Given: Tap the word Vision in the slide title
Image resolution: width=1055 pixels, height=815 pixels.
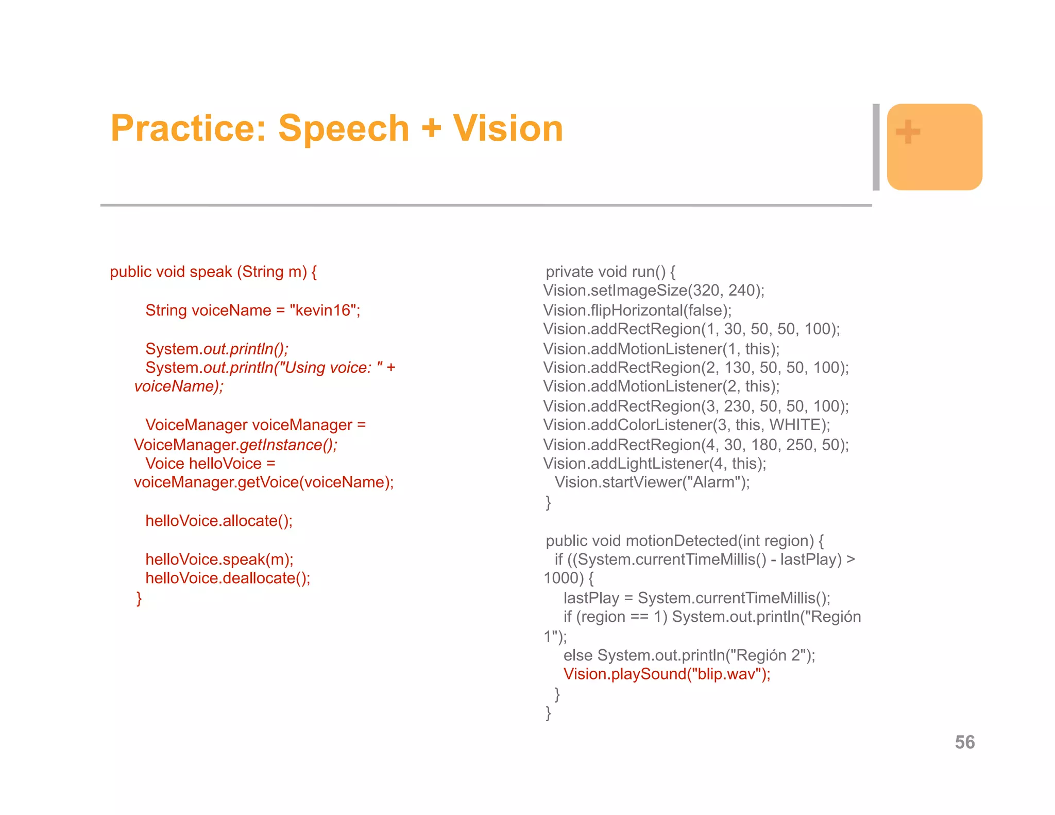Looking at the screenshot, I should (508, 129).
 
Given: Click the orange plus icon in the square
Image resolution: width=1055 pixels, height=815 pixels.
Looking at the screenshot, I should (908, 132).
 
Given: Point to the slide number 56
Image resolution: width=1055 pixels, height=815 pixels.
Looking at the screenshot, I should (964, 742).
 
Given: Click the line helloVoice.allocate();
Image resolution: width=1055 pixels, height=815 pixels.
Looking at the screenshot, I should (219, 521).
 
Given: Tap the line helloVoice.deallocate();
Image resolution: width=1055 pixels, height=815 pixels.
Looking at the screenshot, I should (228, 578).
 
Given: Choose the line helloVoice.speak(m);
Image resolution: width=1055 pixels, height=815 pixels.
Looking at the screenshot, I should (219, 559).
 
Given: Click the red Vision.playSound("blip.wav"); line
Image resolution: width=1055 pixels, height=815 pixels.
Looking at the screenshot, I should (667, 674).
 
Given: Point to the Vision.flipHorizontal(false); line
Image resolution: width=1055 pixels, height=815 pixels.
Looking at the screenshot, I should (637, 310).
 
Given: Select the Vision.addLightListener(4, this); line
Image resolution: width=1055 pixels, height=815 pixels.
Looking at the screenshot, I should (655, 464).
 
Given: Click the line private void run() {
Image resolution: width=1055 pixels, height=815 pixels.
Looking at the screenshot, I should (610, 271).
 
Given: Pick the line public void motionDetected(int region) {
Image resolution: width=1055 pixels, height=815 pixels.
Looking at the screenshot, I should (685, 540).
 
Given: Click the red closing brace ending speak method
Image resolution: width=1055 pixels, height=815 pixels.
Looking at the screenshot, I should (139, 598).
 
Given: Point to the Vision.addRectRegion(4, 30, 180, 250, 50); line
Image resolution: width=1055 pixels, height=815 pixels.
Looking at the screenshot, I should (696, 445).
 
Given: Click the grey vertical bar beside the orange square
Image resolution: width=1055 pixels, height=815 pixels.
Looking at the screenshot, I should (876, 147).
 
